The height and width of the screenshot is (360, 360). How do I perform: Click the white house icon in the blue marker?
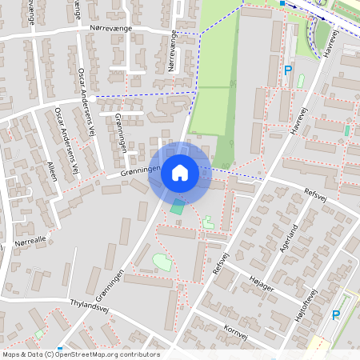coord(180,172)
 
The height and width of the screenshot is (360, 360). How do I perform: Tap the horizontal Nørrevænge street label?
coord(111,28)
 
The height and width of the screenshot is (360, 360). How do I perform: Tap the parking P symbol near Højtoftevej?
coord(336,315)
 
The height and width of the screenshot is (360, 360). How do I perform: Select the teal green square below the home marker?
coord(176,209)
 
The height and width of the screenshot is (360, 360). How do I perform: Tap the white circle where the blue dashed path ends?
coord(93,98)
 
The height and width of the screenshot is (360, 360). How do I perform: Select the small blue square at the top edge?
coord(282,3)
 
